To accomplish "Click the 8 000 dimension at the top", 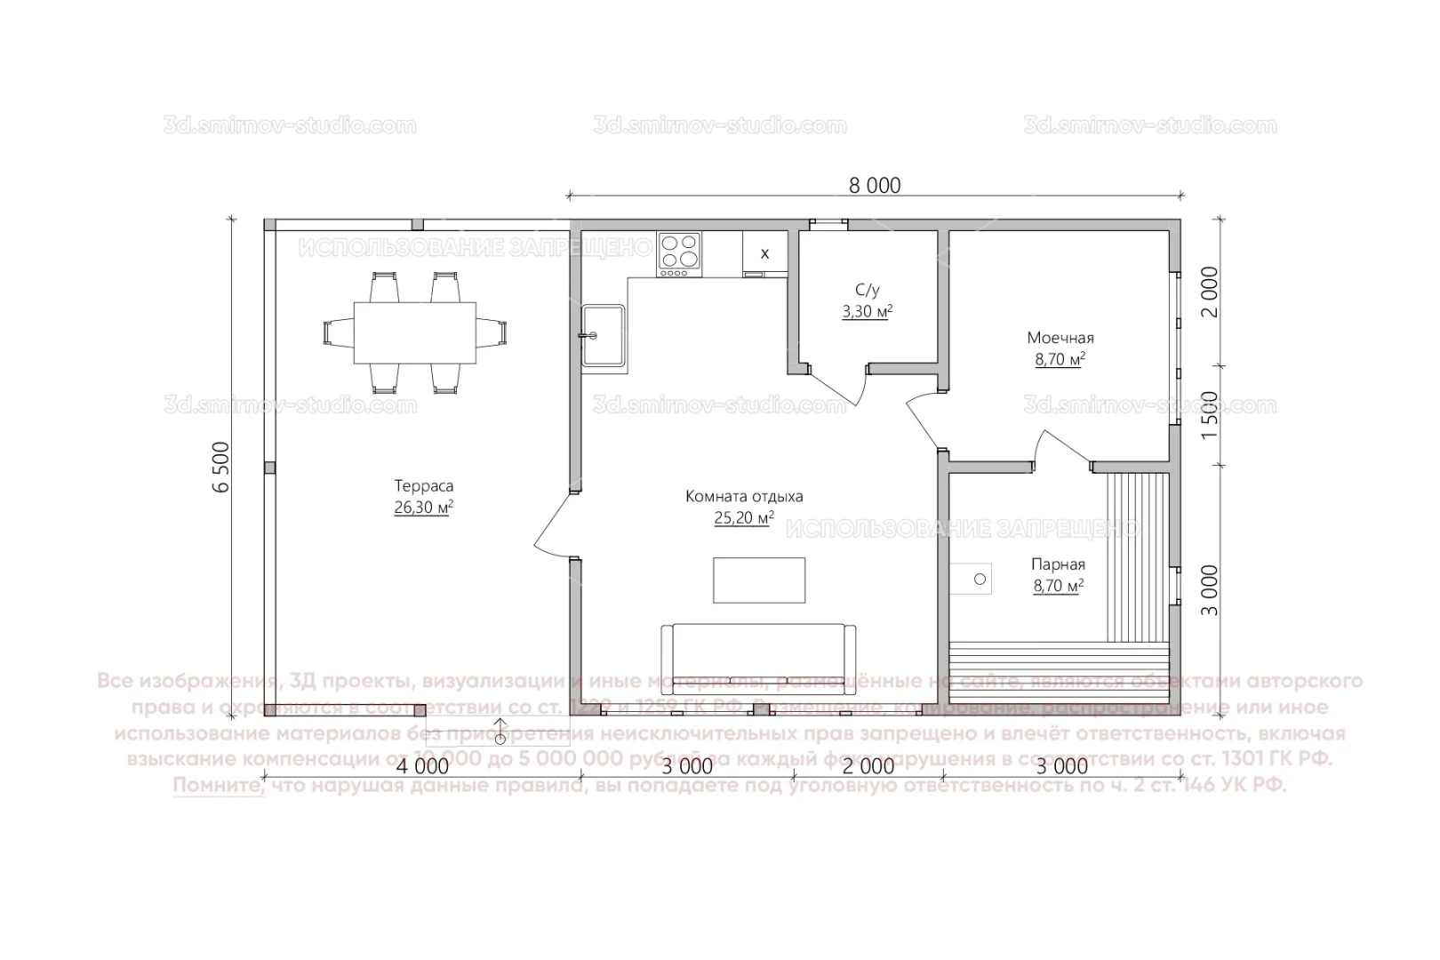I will [x=875, y=185].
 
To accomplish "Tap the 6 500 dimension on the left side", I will [x=221, y=466].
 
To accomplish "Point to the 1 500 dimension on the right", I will [x=1209, y=415].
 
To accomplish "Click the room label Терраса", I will [x=424, y=486].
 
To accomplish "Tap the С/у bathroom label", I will [x=867, y=290].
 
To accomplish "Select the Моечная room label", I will [x=1060, y=338].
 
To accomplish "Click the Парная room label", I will [x=1058, y=564].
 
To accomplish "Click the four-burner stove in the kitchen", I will [x=680, y=252].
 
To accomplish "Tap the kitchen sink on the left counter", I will [x=604, y=336].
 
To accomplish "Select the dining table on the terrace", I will [x=415, y=333].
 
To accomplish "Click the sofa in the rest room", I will [x=758, y=658].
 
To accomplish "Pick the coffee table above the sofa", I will [x=759, y=580].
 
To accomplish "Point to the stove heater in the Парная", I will [x=971, y=579].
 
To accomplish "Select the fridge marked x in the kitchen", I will [x=764, y=254].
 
